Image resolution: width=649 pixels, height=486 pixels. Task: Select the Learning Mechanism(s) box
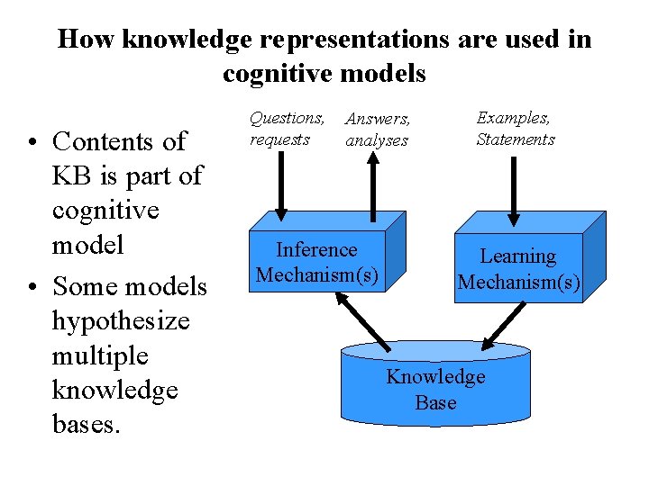point(518,269)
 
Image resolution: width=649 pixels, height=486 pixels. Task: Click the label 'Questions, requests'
point(287,129)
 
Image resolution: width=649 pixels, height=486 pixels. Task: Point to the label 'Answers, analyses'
point(378,130)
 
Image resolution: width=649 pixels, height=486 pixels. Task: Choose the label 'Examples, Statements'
point(515,129)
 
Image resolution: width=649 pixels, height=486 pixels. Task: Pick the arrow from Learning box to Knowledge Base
point(505,323)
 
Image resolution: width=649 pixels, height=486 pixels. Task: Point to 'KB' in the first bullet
point(71,175)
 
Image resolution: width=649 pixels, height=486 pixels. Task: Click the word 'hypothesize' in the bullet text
point(121,320)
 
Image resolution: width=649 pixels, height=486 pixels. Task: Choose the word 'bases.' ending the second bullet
point(86,425)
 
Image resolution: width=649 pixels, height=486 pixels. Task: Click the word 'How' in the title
point(86,40)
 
